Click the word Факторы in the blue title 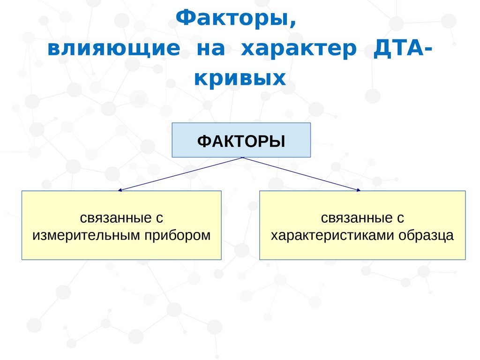[232, 18]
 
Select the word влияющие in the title [113, 49]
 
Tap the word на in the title [210, 49]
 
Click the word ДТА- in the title [403, 48]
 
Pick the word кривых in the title [240, 78]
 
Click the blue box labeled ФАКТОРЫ [241, 140]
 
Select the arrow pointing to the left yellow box [180, 174]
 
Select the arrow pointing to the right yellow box [301, 174]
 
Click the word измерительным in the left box [87, 236]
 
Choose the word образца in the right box [426, 236]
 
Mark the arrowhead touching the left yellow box [120, 190]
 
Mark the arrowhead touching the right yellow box [359, 190]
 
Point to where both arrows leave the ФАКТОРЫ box [243, 157]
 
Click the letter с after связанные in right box [400, 218]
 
